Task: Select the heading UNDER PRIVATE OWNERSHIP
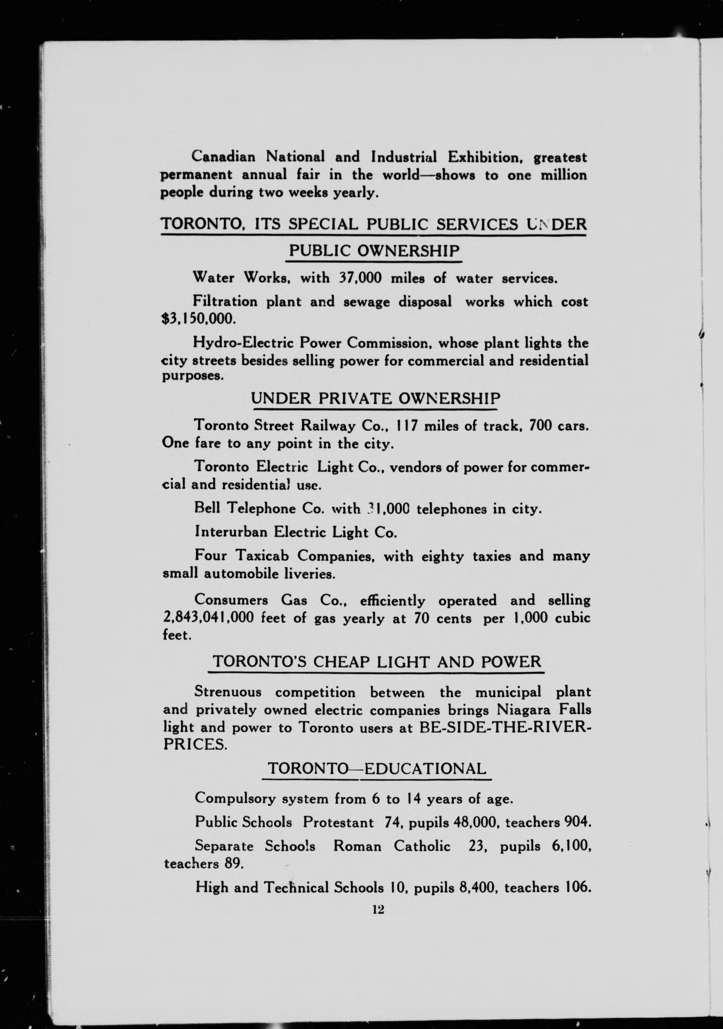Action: click(x=375, y=398)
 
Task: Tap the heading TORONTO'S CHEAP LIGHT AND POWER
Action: click(x=376, y=661)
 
